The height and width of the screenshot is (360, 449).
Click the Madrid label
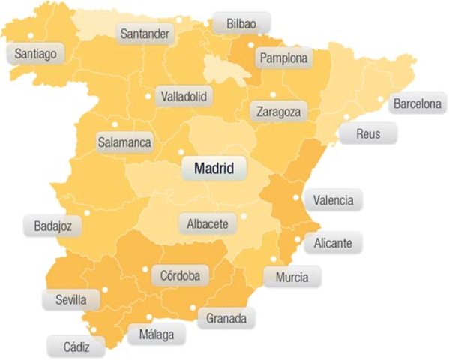[x=214, y=169]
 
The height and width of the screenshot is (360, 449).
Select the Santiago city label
[x=35, y=53]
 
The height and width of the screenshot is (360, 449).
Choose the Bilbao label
[x=241, y=24]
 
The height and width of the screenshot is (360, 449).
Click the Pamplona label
[x=282, y=58]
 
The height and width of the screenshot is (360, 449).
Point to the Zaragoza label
[x=278, y=111]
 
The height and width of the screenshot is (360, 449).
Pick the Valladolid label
[x=184, y=96]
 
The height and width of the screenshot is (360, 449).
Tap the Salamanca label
[x=124, y=141]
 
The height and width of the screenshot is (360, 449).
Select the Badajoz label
[x=52, y=225]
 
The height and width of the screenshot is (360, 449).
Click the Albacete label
[x=207, y=223]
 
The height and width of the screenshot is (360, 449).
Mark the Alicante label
[x=337, y=242]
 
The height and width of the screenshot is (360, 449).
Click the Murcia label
[x=292, y=277]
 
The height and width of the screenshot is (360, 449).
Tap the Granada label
[x=226, y=318]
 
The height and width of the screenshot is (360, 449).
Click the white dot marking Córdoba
[x=145, y=269]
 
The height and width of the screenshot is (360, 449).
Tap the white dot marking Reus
[x=346, y=117]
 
